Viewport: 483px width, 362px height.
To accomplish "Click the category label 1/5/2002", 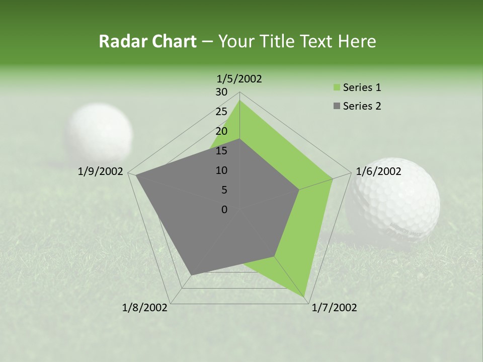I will pos(239,78).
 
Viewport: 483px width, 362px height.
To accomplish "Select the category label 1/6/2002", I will pos(378,171).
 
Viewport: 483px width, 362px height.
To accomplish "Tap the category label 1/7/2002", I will pos(334,308).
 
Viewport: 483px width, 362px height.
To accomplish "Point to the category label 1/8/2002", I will pos(145,308).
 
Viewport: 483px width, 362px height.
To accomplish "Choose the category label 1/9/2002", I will pos(101,171).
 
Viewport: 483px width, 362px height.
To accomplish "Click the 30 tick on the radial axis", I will pos(221,92).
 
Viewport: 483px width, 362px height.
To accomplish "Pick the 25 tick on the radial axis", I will pos(221,112).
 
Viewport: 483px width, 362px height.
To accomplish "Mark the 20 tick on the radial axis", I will pos(221,131).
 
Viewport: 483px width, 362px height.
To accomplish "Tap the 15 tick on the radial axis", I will pos(221,151).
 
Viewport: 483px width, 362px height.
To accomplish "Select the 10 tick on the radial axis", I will pos(221,170).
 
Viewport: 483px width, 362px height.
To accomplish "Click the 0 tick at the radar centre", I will pos(224,210).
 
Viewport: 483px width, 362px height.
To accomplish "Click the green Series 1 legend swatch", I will pos(337,88).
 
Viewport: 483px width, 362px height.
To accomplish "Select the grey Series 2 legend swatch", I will pos(337,106).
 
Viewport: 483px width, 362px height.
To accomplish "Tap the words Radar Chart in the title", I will pos(147,41).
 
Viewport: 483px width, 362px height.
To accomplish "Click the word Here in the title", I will pos(357,41).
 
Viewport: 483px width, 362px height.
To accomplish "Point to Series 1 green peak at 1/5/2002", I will pos(239,101).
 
